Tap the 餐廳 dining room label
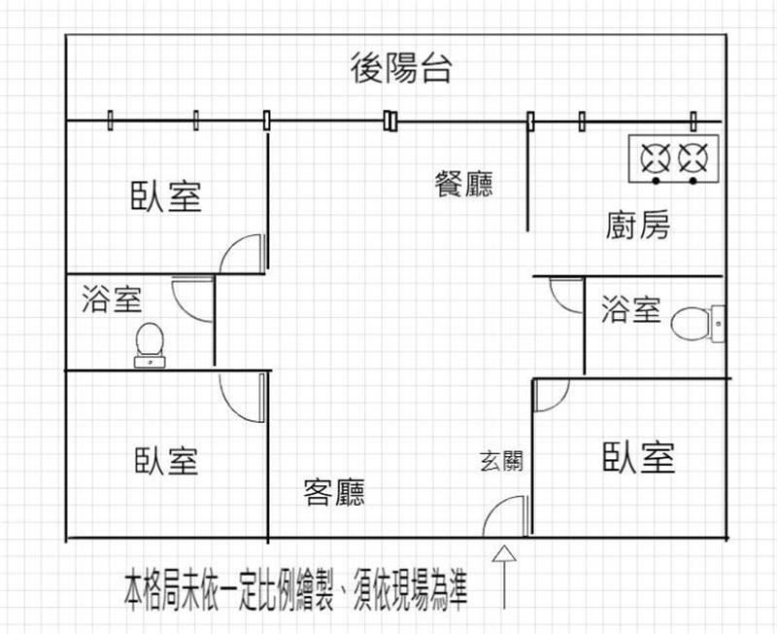[x=463, y=184]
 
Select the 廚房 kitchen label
[x=637, y=226]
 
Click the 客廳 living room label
[x=334, y=493]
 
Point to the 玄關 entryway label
[x=501, y=460]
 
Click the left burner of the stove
[x=657, y=156]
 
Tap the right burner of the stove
[x=693, y=156]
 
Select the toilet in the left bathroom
[x=149, y=343]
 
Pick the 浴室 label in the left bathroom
[x=113, y=299]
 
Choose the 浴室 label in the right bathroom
[x=631, y=310]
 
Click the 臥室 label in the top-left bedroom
[x=166, y=195]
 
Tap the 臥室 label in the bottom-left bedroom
[x=166, y=460]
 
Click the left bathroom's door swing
[x=192, y=297]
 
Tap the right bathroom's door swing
[x=563, y=295]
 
